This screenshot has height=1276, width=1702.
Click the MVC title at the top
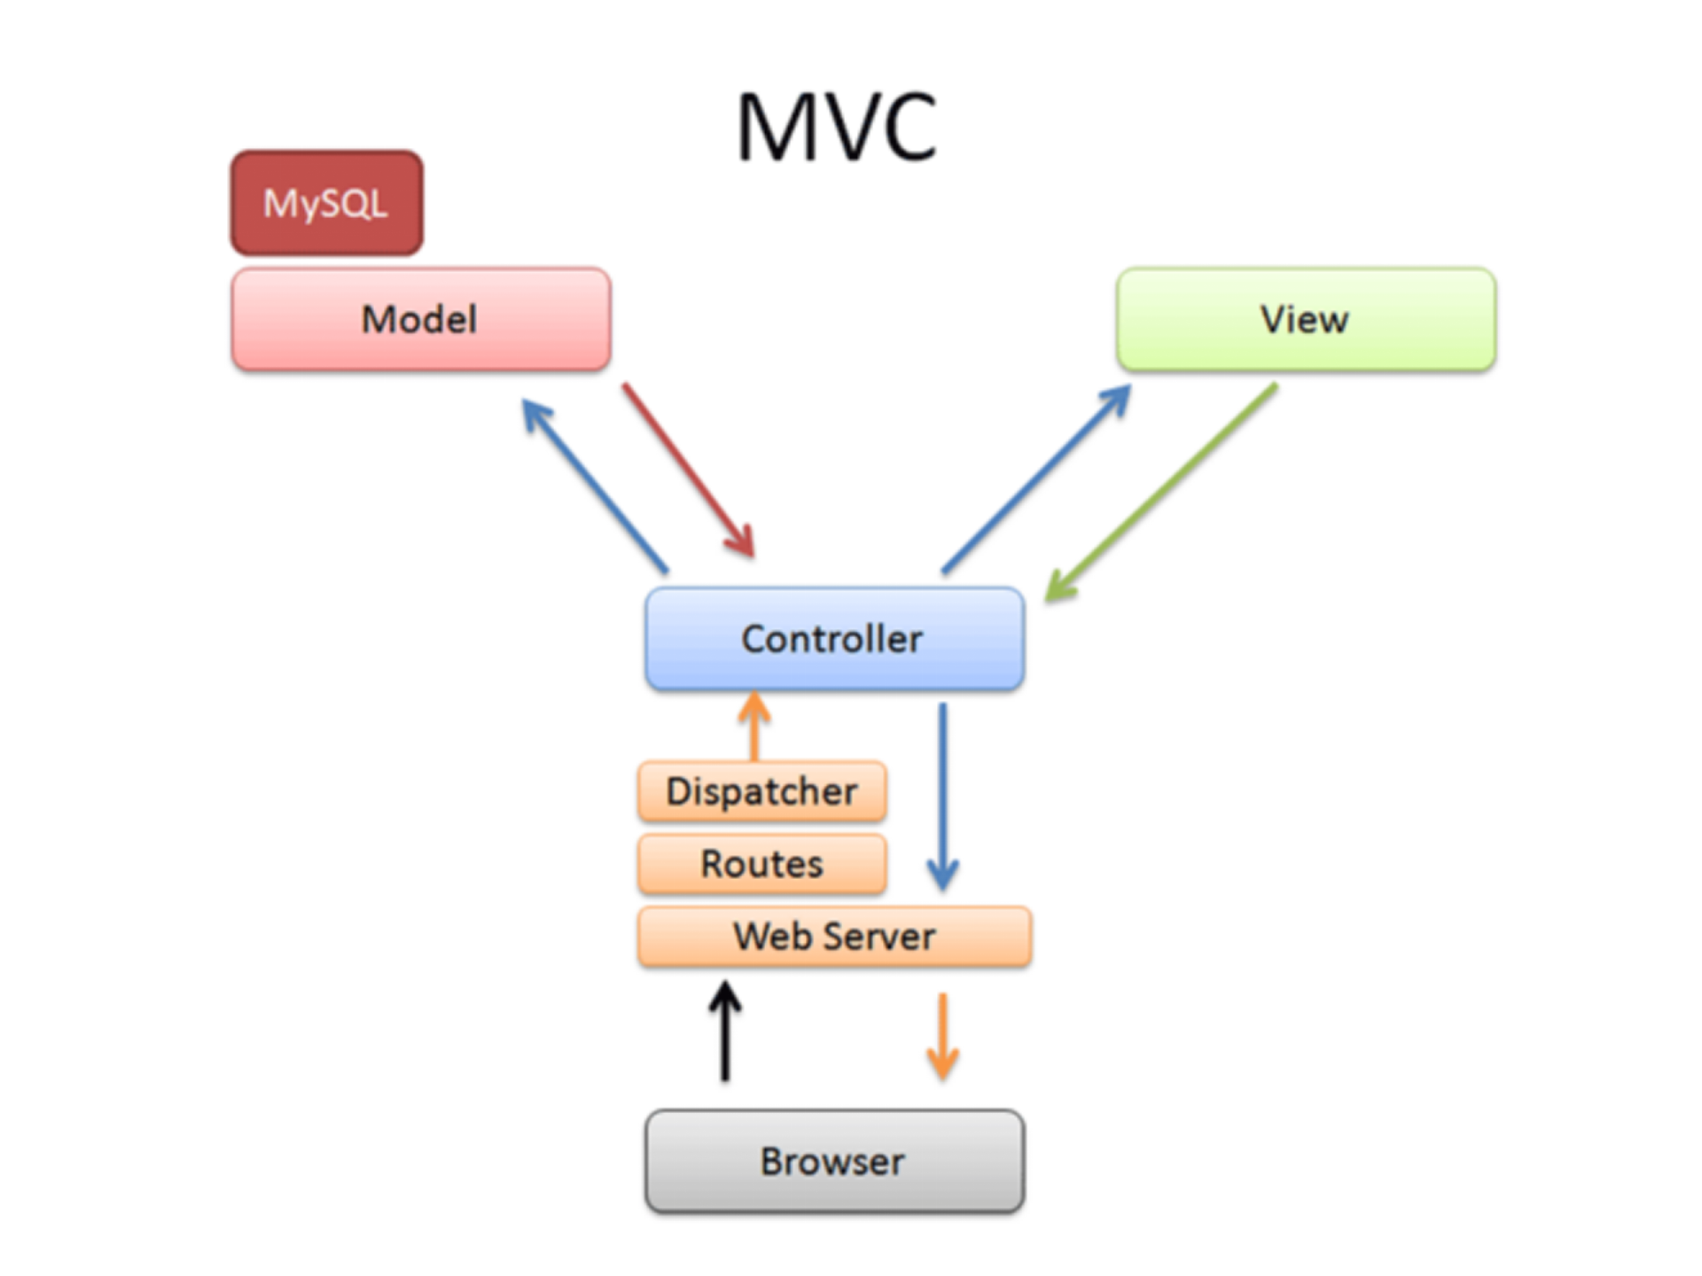click(x=836, y=128)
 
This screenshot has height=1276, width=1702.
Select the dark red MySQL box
click(x=326, y=203)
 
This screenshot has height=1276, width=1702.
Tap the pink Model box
click(x=420, y=319)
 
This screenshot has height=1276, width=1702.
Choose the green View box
click(x=1306, y=319)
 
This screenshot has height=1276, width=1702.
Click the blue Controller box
click(x=834, y=639)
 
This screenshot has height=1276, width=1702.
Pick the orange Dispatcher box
click(x=761, y=791)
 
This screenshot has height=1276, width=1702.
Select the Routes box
click(x=761, y=864)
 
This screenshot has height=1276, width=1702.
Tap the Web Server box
click(x=834, y=937)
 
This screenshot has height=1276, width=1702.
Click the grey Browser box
click(x=834, y=1161)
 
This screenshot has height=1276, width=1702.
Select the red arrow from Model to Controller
click(x=688, y=470)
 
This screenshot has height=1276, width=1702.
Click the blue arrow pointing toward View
click(x=1035, y=479)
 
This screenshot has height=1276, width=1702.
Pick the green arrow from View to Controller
click(x=1161, y=493)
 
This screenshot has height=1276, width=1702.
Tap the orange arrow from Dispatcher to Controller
click(x=754, y=727)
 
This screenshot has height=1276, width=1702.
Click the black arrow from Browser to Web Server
click(x=725, y=1031)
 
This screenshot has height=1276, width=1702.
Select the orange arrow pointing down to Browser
click(x=943, y=1036)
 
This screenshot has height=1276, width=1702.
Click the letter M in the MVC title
click(x=776, y=128)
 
